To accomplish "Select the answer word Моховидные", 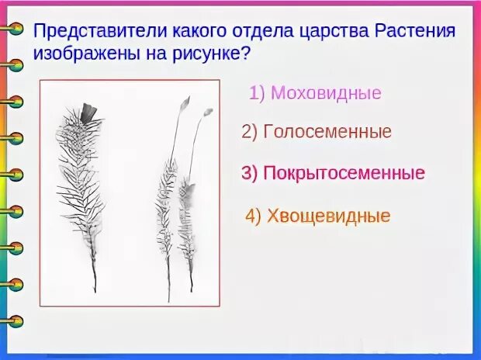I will tap(326, 94).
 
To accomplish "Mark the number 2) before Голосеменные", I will tap(250, 133).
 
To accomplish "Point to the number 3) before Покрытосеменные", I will tap(249, 173).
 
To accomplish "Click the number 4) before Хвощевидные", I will tap(254, 216).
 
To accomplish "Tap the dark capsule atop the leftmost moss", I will tap(88, 113).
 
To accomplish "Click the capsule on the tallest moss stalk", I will tap(184, 103).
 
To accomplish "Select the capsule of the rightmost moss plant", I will tap(207, 113).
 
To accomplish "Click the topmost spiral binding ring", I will tap(13, 29).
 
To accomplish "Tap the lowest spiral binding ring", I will tap(13, 320).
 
